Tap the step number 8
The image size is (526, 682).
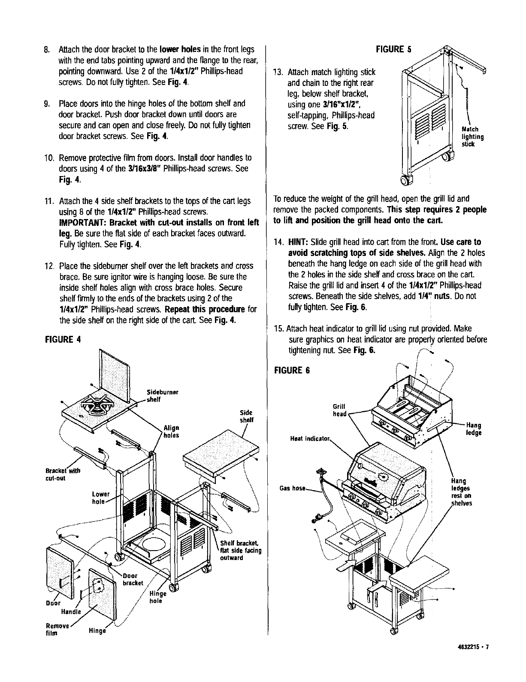coord(48,49)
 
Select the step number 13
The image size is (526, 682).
coord(278,72)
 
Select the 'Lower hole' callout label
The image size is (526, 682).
coord(101,498)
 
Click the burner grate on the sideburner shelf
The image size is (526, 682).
coord(96,408)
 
